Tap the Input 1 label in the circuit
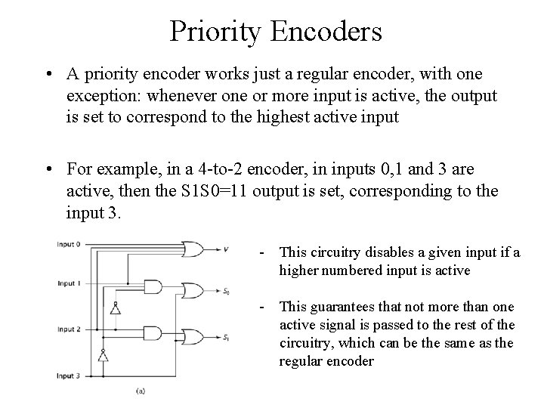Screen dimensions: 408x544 [x=70, y=283]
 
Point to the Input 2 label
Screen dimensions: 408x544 [x=70, y=329]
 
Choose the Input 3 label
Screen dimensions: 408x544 [x=70, y=376]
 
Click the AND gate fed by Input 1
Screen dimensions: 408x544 [x=153, y=287]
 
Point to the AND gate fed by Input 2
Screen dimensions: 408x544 [x=153, y=333]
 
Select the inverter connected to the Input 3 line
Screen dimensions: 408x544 [x=102, y=354]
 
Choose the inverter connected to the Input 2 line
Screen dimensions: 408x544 [x=114, y=308]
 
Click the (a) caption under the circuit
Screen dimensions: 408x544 [x=141, y=391]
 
